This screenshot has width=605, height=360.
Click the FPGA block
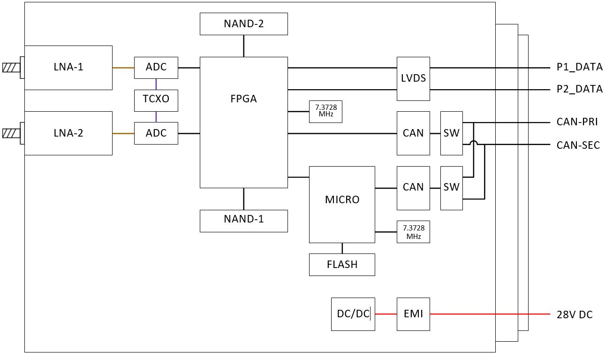click(244, 122)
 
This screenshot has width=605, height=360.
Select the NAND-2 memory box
click(244, 24)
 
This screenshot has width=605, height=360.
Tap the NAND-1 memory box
click(244, 221)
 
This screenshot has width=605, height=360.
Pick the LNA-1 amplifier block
click(68, 68)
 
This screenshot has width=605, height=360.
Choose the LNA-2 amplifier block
click(68, 133)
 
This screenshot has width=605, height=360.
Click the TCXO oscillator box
click(156, 100)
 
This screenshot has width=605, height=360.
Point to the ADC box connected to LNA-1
click(156, 68)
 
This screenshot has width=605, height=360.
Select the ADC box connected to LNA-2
click(156, 133)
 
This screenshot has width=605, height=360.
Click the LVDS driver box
click(413, 78)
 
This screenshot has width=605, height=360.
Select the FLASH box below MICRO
click(342, 265)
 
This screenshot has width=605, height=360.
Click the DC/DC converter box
click(353, 314)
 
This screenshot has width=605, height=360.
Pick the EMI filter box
click(413, 314)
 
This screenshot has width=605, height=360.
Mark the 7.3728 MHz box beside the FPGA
click(325, 111)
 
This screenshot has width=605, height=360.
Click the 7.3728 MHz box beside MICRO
click(413, 232)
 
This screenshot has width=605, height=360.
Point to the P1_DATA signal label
click(580, 67)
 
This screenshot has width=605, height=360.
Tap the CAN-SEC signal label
click(578, 145)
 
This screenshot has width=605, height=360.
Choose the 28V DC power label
click(575, 315)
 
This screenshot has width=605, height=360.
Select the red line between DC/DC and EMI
click(386, 314)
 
